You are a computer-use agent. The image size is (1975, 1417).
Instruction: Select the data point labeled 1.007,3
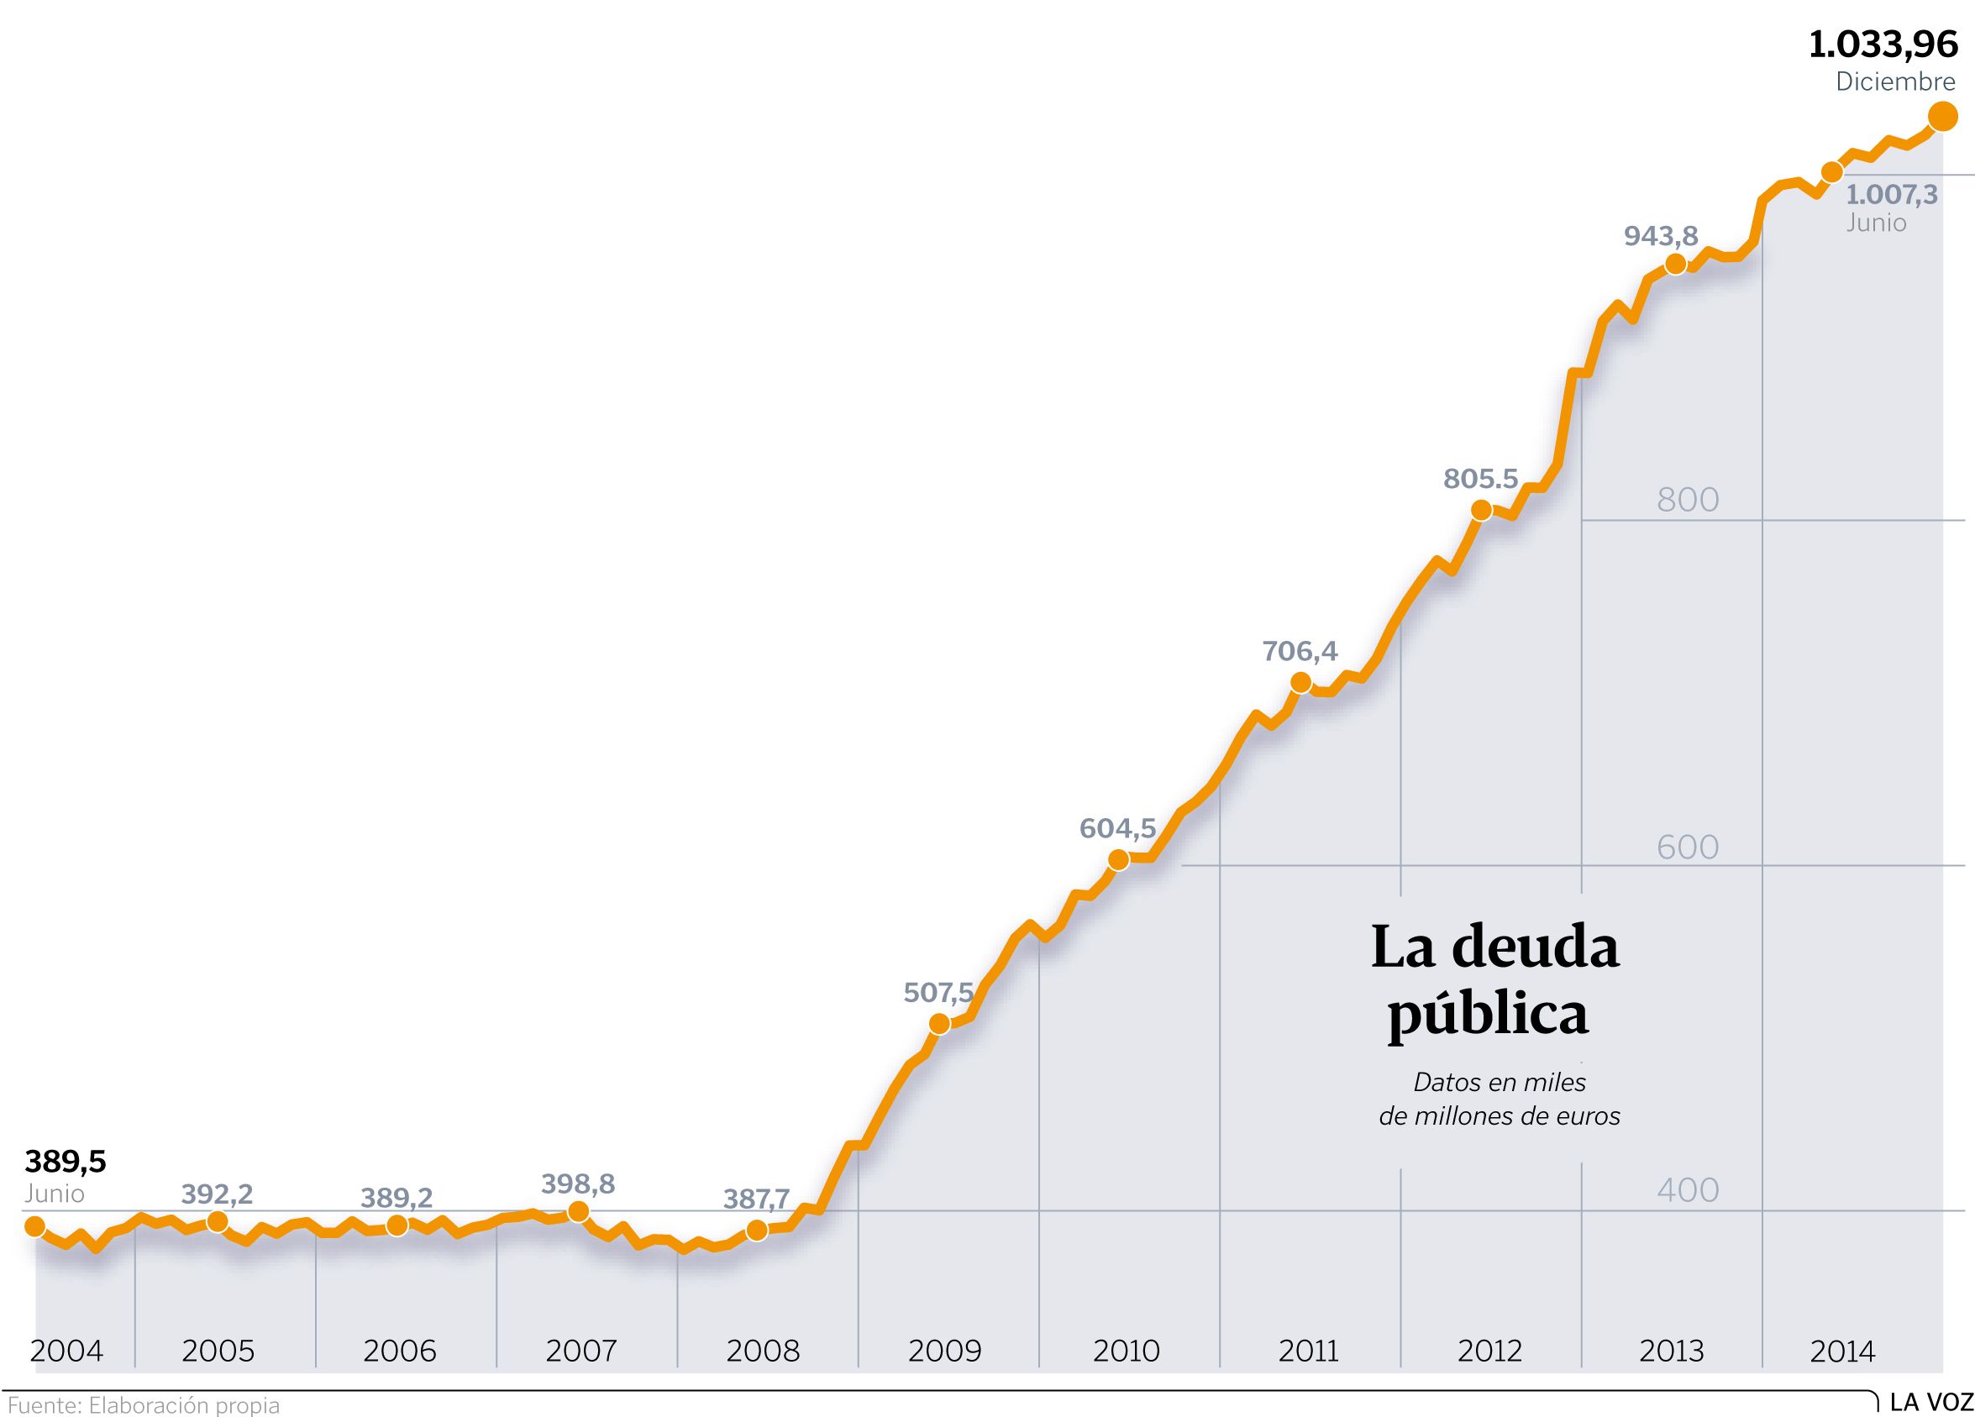click(x=1832, y=171)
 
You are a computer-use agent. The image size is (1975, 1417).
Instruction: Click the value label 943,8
click(x=1661, y=236)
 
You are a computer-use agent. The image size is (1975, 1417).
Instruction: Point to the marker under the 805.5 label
click(x=1480, y=511)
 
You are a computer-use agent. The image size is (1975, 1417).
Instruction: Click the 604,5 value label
click(x=1117, y=827)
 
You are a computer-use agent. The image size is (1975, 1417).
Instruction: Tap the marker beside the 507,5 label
click(x=938, y=1024)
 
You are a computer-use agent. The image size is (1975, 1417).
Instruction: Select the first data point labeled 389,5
click(x=34, y=1226)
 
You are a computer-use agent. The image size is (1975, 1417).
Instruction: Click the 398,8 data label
click(x=577, y=1183)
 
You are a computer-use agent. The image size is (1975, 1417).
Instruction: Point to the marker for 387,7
click(x=757, y=1231)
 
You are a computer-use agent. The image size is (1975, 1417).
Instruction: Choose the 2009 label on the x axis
click(x=944, y=1351)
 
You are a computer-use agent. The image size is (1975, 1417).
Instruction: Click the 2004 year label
click(x=66, y=1351)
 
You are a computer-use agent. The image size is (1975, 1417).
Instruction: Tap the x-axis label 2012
click(x=1489, y=1351)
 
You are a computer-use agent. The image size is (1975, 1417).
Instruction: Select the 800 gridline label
click(x=1688, y=500)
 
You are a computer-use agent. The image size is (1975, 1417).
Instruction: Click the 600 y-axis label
click(x=1688, y=847)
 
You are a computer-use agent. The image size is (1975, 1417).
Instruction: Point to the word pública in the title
click(x=1488, y=1016)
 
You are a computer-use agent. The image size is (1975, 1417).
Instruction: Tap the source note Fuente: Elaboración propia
click(x=144, y=1404)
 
